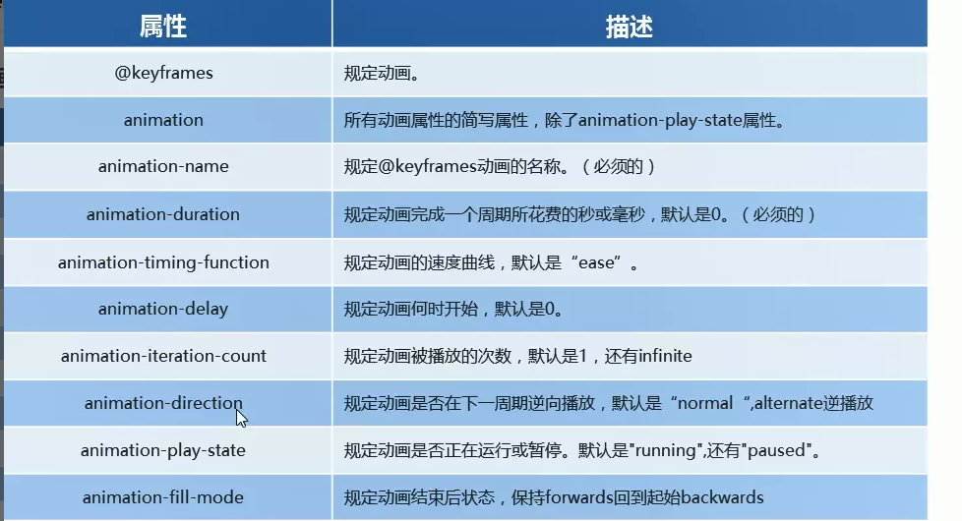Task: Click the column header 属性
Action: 163,27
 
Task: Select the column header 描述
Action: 629,27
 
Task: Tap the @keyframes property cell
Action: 163,73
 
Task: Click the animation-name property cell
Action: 163,167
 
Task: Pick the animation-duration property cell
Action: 163,214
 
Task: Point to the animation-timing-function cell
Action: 163,262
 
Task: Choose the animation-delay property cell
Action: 163,309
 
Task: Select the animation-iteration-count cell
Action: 163,356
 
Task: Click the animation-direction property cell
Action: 163,403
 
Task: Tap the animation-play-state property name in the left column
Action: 163,450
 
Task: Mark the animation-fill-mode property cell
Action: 163,497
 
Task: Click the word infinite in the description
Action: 666,356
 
